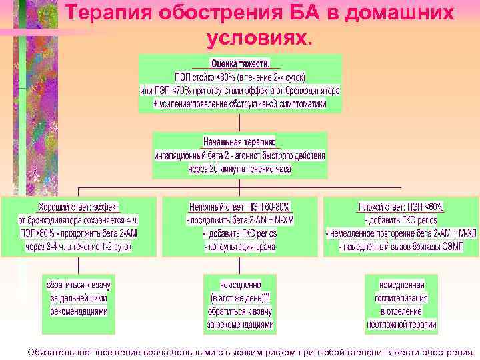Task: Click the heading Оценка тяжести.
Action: coord(240,65)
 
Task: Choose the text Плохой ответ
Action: coord(380,207)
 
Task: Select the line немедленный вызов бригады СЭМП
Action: coord(400,247)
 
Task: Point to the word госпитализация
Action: coord(401,298)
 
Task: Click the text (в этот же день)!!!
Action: coord(240,298)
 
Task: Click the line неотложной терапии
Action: coord(401,325)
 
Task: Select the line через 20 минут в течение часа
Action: coord(239,169)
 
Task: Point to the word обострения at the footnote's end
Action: coord(445,351)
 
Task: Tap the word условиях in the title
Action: coord(259,39)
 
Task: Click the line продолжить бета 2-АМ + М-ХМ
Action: coord(240,221)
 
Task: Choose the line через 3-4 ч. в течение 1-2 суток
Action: coord(79,247)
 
